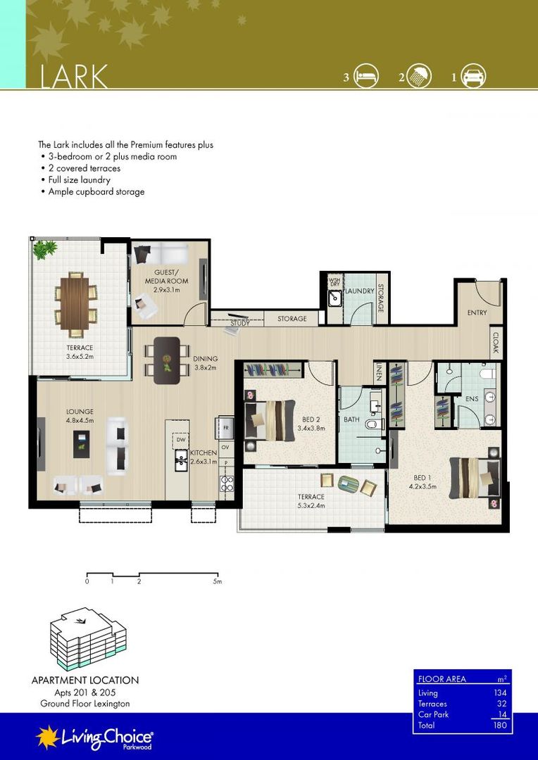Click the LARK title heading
click(73, 76)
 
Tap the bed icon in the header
click(365, 75)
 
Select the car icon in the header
click(473, 75)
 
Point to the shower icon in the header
click(419, 75)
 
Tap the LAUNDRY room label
click(359, 291)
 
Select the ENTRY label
click(477, 312)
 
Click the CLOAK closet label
click(496, 342)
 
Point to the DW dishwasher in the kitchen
click(180, 440)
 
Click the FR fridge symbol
click(225, 428)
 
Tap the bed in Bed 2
click(270, 420)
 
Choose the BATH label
click(351, 419)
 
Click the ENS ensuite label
click(472, 398)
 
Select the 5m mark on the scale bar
click(217, 582)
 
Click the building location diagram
click(88, 640)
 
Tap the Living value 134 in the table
click(499, 693)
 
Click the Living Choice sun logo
click(48, 737)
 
